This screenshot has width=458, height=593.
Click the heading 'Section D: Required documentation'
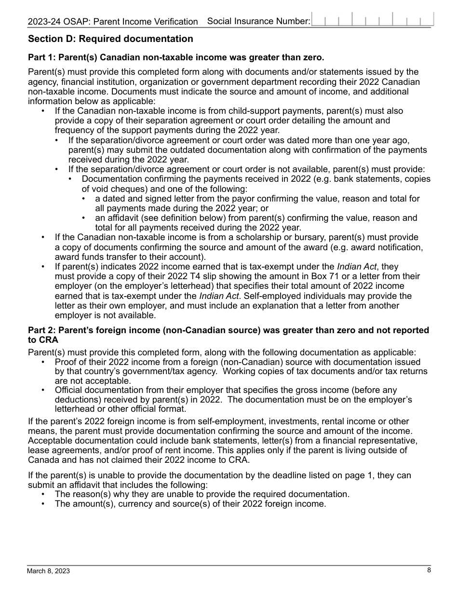(110, 39)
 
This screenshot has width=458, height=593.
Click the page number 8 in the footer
(429, 570)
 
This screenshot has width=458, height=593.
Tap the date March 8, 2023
(48, 571)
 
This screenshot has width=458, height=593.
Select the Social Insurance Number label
(258, 21)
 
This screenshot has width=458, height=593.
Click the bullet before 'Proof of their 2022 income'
(43, 362)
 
